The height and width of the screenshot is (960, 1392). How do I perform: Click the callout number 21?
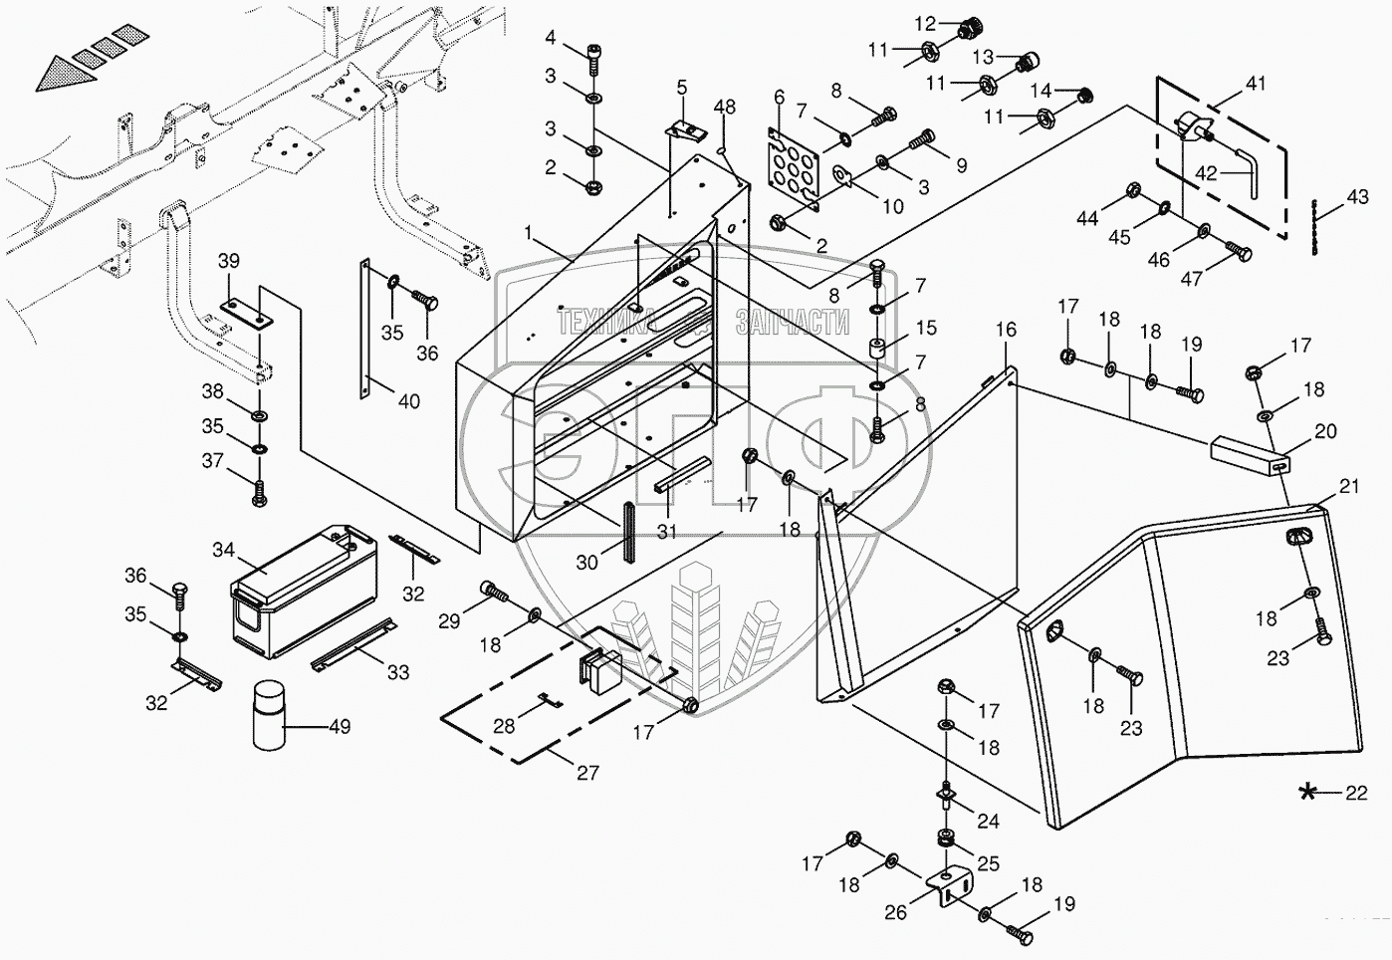(x=1348, y=487)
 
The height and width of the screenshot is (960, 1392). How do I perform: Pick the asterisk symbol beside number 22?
(x=1309, y=793)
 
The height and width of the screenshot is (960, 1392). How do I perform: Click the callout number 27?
(x=587, y=772)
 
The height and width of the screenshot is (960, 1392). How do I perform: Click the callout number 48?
(x=725, y=107)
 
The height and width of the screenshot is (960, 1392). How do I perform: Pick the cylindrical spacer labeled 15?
(x=877, y=354)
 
